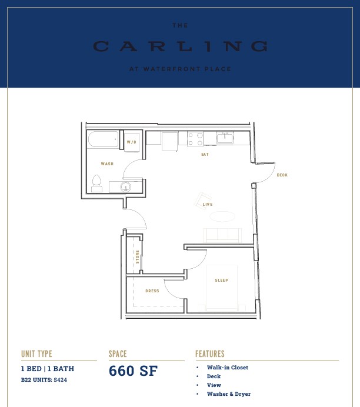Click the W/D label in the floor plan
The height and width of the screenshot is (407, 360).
pos(131,142)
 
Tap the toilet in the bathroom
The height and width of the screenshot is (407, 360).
pos(96,184)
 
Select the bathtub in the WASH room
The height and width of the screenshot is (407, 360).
pos(104,139)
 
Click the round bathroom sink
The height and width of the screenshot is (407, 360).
pos(126,187)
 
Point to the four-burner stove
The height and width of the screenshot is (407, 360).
pos(195,139)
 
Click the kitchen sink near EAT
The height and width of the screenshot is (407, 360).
pos(225,138)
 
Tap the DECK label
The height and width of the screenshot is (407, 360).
pos(282,175)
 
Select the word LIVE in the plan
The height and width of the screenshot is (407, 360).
pos(208,205)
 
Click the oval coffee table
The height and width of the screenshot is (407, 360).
pos(222,216)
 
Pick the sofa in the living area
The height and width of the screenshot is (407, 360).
pos(222,235)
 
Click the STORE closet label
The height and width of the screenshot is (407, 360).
pos(137,257)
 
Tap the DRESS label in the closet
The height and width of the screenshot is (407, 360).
pos(152,291)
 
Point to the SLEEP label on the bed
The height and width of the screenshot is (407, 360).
pos(221,281)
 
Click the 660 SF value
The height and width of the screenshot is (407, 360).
pos(133,371)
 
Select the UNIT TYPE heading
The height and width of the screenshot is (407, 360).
pos(36,354)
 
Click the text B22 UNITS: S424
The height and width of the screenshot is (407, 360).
pos(44,380)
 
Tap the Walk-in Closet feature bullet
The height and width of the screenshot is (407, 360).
pos(228,368)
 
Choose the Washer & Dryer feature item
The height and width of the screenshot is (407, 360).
pos(229,394)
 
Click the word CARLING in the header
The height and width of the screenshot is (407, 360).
pos(180,46)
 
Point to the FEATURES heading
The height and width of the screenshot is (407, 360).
pos(210,354)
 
